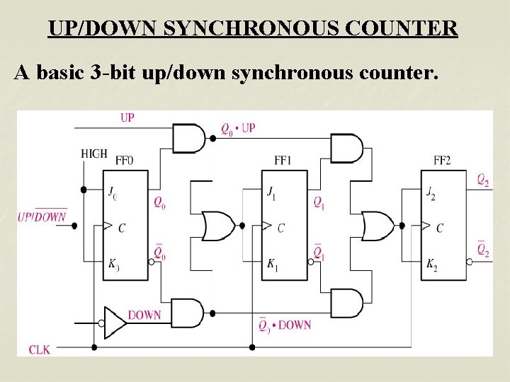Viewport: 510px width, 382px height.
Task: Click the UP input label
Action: tap(127, 117)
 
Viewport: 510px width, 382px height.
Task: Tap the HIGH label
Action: tap(94, 154)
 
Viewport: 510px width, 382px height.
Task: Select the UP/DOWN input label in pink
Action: tap(42, 216)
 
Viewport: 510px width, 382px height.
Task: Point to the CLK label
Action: tap(39, 349)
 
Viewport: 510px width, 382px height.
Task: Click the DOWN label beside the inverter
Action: tap(144, 315)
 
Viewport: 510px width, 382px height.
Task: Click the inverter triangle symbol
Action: tap(115, 322)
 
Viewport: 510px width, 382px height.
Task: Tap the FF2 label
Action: tap(441, 161)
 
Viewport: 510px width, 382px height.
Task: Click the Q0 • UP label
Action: tap(238, 129)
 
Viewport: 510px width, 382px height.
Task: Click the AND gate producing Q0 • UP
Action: tap(188, 139)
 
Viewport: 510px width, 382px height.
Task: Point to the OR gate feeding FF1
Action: tap(218, 226)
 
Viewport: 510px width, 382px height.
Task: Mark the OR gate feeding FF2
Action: tap(378, 226)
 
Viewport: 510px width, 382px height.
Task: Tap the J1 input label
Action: tap(272, 192)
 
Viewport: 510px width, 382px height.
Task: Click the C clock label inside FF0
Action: tap(122, 228)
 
